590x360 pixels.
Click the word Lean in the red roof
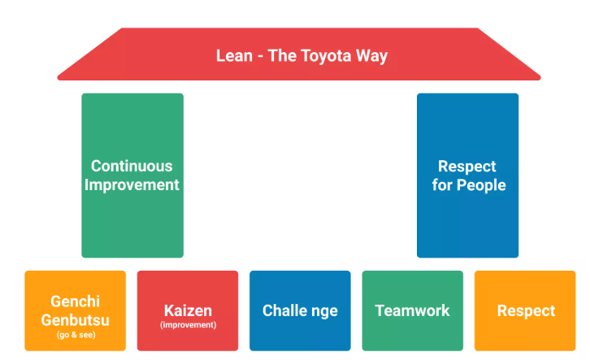(234, 56)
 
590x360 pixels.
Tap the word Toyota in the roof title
(326, 56)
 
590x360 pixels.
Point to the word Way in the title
(371, 56)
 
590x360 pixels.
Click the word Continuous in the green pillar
(132, 166)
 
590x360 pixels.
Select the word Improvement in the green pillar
(132, 185)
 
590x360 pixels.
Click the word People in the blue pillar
(481, 185)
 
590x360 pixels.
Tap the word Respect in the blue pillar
(467, 167)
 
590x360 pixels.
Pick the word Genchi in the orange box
(76, 301)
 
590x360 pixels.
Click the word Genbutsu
(76, 319)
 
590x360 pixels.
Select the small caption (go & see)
(76, 335)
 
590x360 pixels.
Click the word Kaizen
(188, 310)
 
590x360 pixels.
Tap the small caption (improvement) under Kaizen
(189, 324)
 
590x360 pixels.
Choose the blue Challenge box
(300, 310)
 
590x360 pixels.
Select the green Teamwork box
(412, 310)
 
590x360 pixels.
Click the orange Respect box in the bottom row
(525, 310)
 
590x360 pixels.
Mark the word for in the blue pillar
(442, 185)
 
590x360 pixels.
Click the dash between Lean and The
(260, 57)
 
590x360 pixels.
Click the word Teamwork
(412, 310)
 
